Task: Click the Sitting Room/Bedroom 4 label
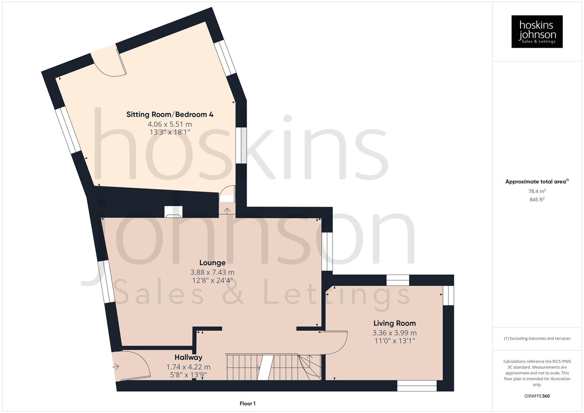pos(170,114)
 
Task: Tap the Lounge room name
pos(212,263)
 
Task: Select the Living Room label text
pos(394,323)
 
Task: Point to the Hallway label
pos(188,358)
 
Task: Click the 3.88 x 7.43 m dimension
pos(212,272)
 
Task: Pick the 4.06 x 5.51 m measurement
pos(170,124)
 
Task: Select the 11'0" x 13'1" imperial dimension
pos(394,341)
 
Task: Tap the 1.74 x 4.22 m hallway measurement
pos(188,367)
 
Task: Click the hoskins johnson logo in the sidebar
pos(537,31)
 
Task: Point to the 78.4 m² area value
pos(537,191)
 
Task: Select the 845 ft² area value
pos(537,200)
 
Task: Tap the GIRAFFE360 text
pos(537,396)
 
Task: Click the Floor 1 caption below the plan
pos(247,403)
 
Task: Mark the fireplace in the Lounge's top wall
pos(173,212)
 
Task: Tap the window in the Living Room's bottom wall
pos(416,386)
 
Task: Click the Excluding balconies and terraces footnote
pos(537,338)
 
